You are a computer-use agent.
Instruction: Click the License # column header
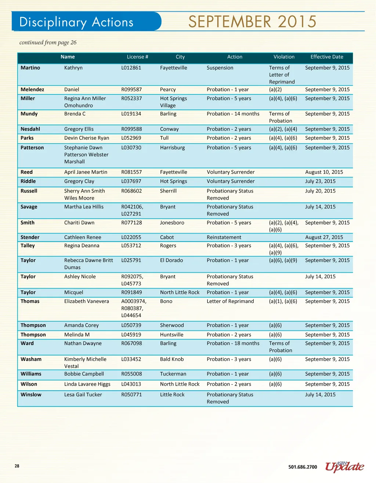pyautogui.click(x=137, y=57)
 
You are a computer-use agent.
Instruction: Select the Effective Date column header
pyautogui.click(x=327, y=57)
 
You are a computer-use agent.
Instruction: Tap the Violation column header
pyautogui.click(x=284, y=57)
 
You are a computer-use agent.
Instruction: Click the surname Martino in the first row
pyautogui.click(x=30, y=68)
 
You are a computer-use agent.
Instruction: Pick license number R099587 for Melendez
pyautogui.click(x=131, y=90)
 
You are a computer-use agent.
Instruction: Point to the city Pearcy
pyautogui.click(x=168, y=90)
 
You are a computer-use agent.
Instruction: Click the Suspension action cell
pyautogui.click(x=220, y=68)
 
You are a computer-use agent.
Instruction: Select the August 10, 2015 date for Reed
pyautogui.click(x=324, y=172)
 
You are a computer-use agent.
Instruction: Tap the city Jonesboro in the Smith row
pyautogui.click(x=172, y=223)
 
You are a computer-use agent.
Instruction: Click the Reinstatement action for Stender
pyautogui.click(x=224, y=237)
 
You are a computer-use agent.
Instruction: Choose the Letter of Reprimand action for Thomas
pyautogui.click(x=230, y=301)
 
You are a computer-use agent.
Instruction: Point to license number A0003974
pyautogui.click(x=134, y=301)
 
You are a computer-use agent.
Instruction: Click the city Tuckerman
pyautogui.click(x=173, y=374)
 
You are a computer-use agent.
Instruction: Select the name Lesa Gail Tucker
pyautogui.click(x=83, y=395)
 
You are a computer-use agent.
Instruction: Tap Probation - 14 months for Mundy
pyautogui.click(x=233, y=114)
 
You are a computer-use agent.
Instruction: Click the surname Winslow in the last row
pyautogui.click(x=31, y=395)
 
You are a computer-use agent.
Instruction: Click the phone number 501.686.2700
pyautogui.click(x=303, y=467)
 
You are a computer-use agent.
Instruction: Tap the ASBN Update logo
pyautogui.click(x=344, y=467)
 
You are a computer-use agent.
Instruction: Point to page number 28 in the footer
pyautogui.click(x=17, y=466)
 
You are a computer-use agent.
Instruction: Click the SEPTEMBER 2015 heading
pyautogui.click(x=252, y=22)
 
